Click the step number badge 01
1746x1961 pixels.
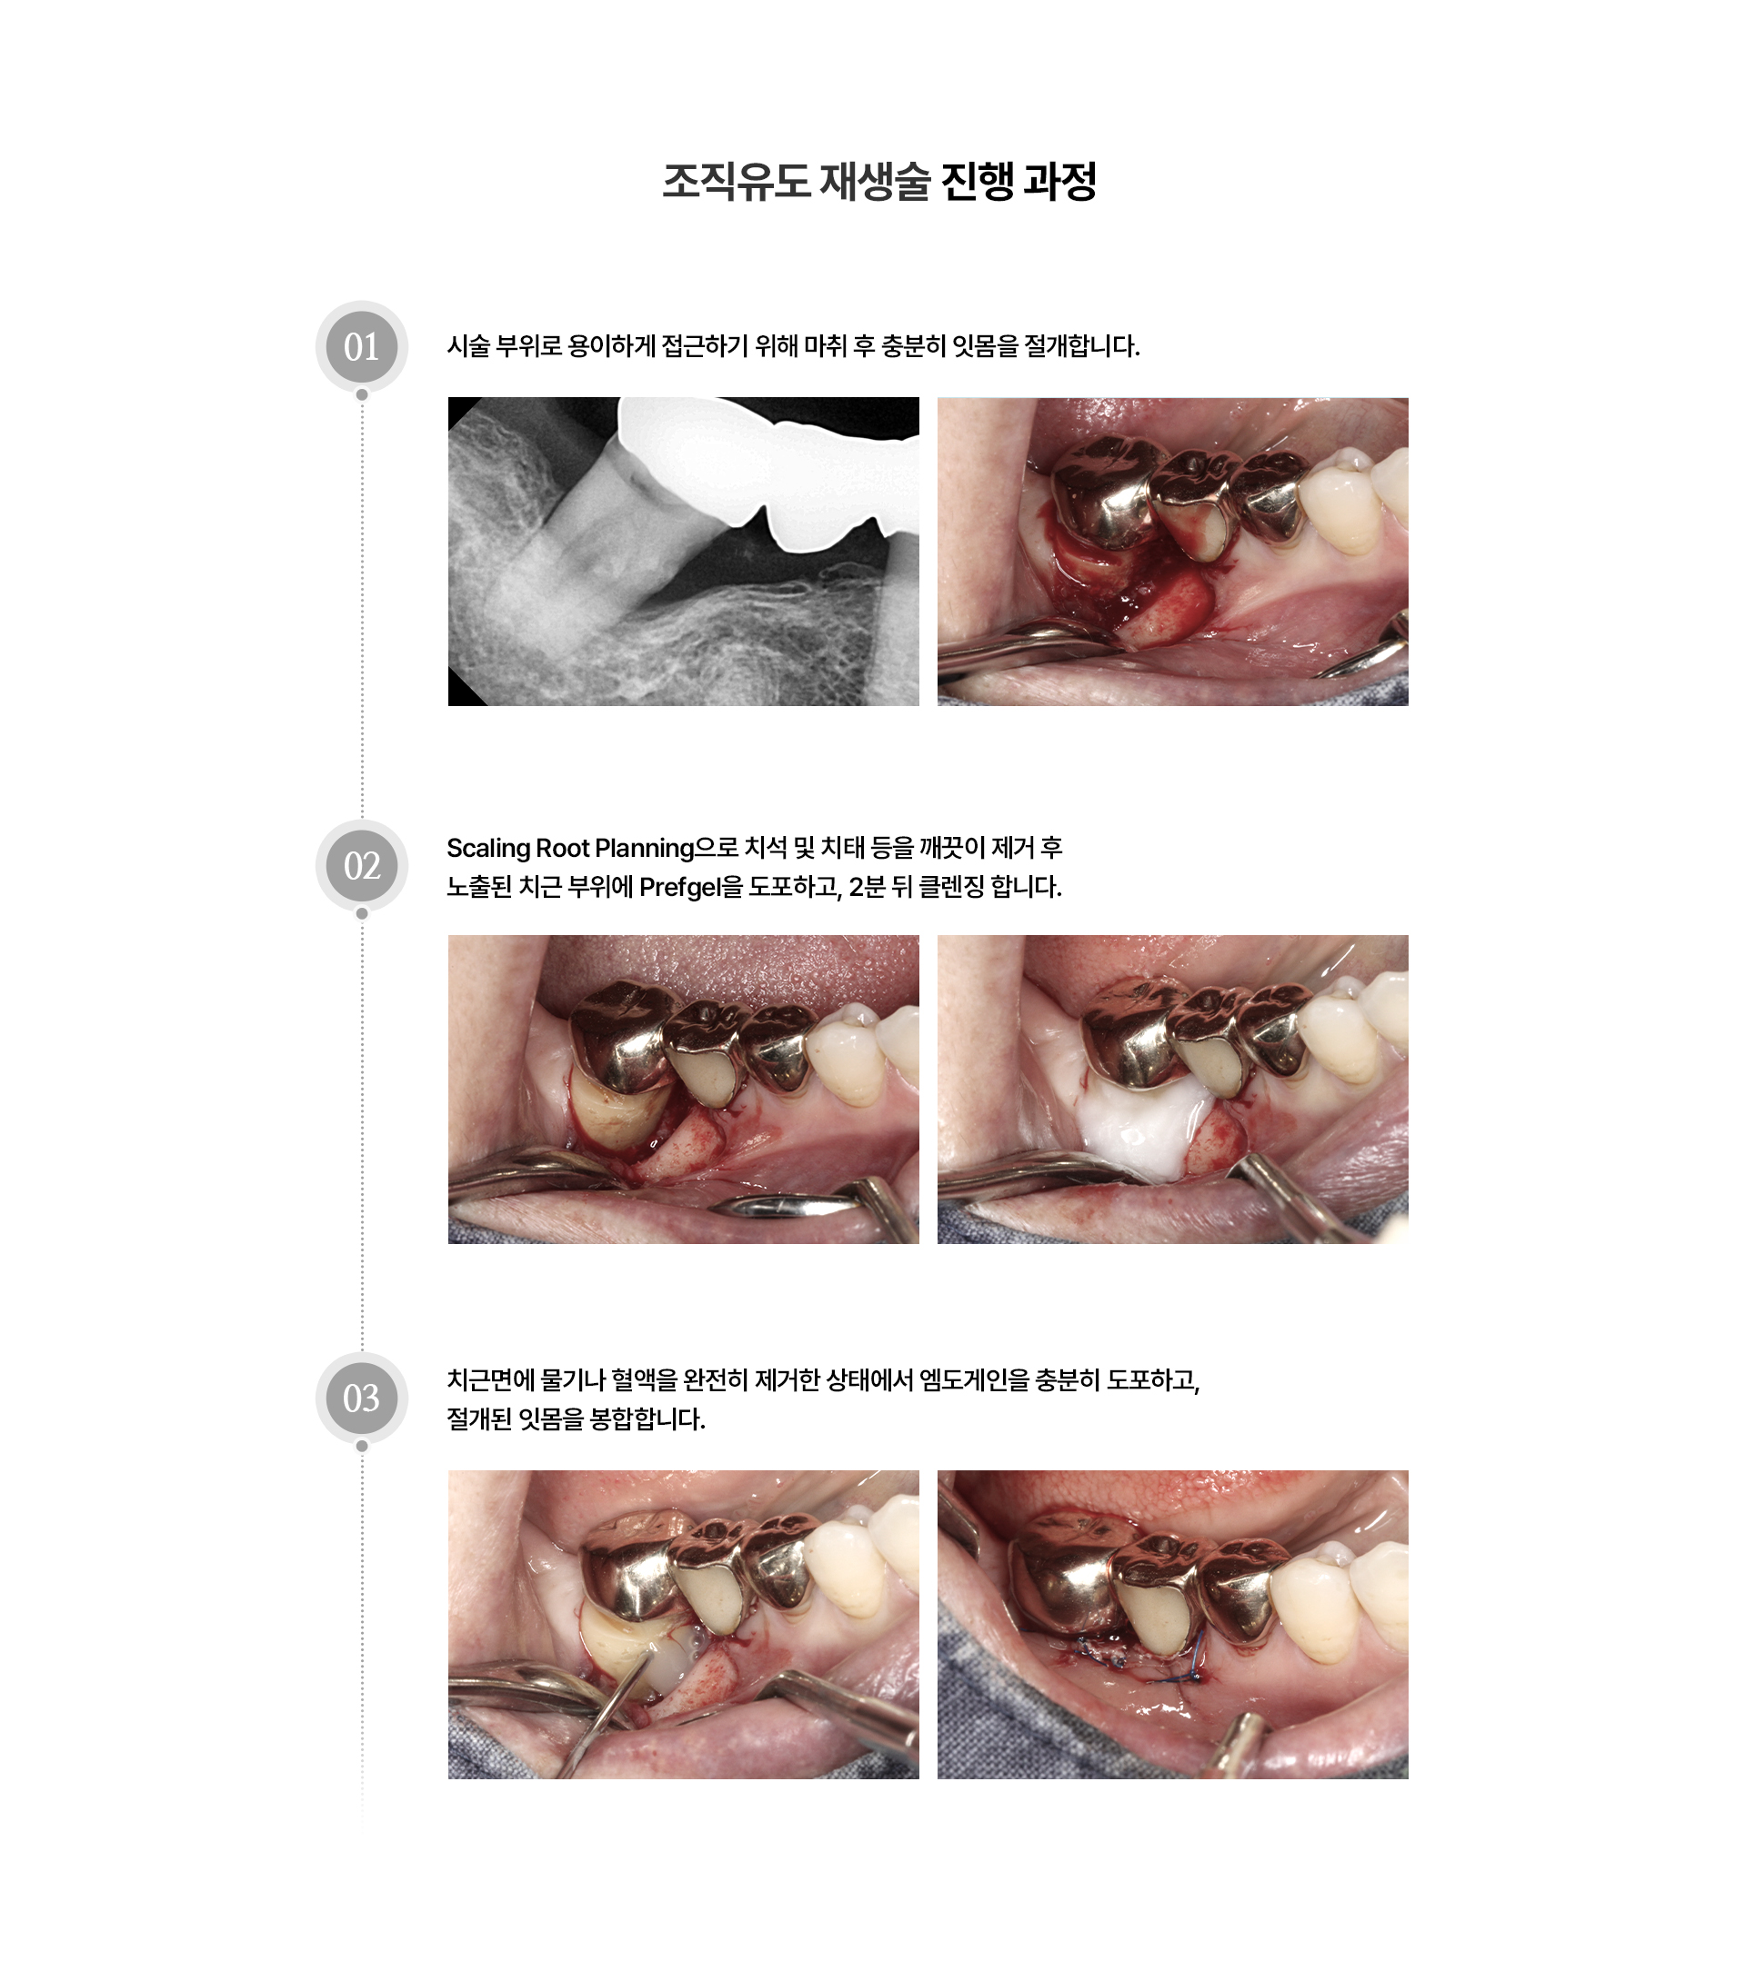click(361, 346)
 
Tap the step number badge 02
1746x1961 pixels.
click(361, 865)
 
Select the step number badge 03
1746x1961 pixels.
click(361, 1398)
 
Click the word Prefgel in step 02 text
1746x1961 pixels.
click(678, 888)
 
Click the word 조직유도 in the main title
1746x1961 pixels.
click(737, 182)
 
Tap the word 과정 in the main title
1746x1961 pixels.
click(1059, 182)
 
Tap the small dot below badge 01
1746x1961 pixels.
click(361, 394)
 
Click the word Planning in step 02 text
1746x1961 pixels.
click(643, 848)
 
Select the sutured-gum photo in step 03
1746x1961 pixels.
click(1172, 1623)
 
